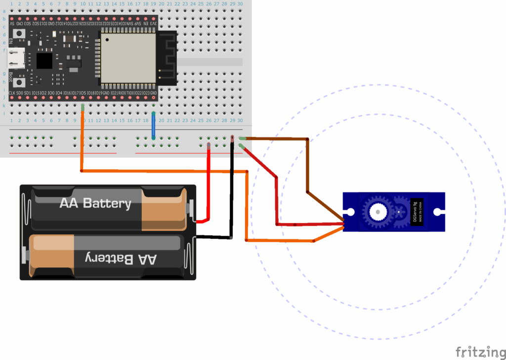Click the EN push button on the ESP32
tap(19, 33)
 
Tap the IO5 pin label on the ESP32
tap(83, 93)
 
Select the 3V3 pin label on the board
tap(154, 23)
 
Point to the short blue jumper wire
tap(154, 125)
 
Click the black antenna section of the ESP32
tap(167, 58)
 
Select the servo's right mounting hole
tap(437, 212)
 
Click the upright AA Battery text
tap(95, 203)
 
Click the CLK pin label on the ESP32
tap(11, 93)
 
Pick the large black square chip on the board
tap(44, 61)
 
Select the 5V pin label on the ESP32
tap(11, 23)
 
